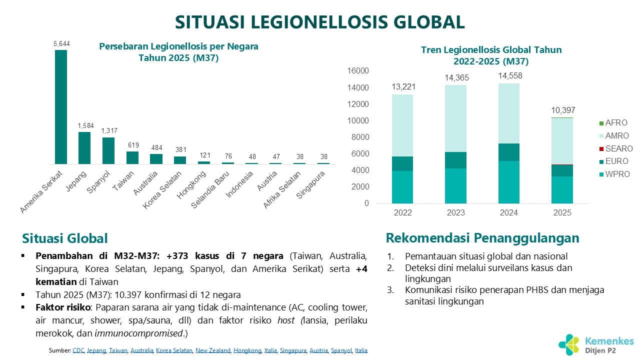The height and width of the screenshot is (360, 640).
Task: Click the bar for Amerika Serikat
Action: click(x=60, y=107)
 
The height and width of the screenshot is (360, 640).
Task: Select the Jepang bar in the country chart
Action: click(x=84, y=148)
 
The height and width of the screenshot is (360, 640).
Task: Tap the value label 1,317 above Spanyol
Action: click(x=108, y=131)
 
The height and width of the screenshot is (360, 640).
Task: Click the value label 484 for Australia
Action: click(x=156, y=147)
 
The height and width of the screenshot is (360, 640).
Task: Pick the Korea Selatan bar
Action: click(x=180, y=160)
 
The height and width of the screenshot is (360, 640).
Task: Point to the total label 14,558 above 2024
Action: click(x=509, y=76)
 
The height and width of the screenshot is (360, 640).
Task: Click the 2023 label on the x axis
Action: click(x=456, y=213)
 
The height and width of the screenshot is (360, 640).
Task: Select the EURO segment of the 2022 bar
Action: click(x=403, y=164)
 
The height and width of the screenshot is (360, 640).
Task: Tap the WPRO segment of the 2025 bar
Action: click(x=562, y=190)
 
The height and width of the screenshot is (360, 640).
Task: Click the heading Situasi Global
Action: click(x=65, y=238)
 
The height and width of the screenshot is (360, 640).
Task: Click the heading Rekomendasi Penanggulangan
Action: click(x=482, y=237)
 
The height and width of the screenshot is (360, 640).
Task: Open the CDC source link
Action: click(x=78, y=350)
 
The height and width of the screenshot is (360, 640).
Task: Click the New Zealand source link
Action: click(x=213, y=350)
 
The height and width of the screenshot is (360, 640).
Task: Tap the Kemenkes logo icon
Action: click(x=569, y=342)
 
